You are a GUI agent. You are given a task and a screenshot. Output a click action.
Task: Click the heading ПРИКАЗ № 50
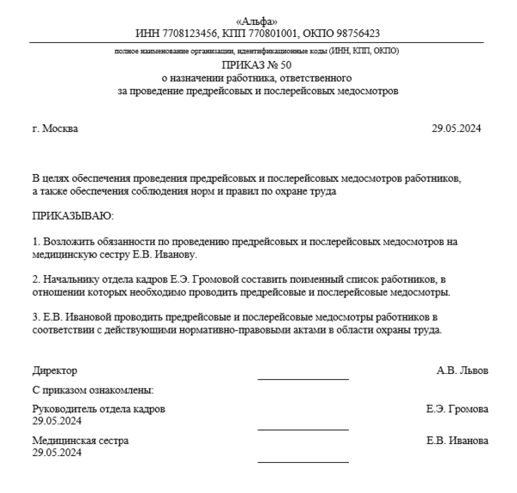(x=257, y=65)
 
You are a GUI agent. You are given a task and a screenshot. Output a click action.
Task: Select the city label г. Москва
(x=54, y=129)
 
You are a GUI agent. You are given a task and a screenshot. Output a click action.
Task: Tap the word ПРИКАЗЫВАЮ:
(x=73, y=213)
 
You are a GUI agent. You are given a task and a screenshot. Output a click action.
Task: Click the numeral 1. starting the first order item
(x=35, y=243)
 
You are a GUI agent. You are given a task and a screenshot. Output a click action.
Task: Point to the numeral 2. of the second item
(x=35, y=280)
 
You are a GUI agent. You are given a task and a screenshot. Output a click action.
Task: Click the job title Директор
(x=54, y=371)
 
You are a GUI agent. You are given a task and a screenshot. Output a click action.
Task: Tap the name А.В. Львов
(x=463, y=371)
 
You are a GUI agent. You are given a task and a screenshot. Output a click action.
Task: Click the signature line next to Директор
(x=303, y=378)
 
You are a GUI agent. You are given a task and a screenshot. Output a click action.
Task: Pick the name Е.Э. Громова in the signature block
(x=457, y=409)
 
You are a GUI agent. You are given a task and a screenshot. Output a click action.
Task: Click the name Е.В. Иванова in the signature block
(x=457, y=440)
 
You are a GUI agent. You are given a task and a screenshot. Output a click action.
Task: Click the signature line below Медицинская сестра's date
(x=303, y=462)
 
